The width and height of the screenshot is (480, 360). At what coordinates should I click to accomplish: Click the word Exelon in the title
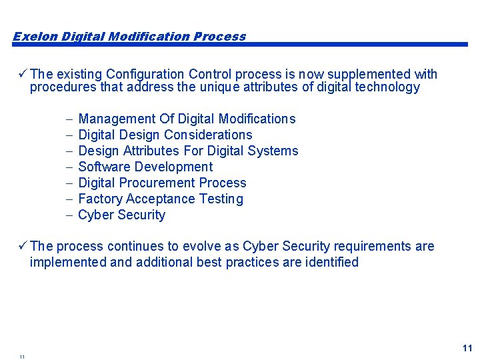[35, 37]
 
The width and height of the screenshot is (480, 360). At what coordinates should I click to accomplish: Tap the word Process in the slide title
[219, 37]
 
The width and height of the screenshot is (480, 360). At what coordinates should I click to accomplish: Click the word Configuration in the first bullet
[145, 74]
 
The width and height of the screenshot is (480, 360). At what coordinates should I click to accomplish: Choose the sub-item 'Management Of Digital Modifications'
[187, 119]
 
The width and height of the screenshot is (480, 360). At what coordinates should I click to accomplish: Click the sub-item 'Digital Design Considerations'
[165, 135]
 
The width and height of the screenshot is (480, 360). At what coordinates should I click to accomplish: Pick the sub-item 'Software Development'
[145, 167]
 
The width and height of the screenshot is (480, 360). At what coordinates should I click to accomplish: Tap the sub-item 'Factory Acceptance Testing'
[161, 199]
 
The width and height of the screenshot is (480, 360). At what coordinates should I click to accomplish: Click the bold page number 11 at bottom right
[467, 348]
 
